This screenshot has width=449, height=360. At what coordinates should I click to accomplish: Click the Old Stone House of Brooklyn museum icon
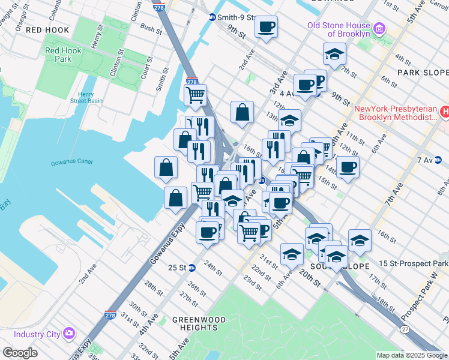379,29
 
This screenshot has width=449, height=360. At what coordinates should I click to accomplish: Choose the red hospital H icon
445,112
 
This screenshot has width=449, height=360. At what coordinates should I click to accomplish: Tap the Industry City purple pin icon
68,333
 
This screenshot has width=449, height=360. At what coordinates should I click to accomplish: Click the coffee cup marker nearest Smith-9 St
265,27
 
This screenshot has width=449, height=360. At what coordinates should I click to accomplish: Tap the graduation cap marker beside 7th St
334,54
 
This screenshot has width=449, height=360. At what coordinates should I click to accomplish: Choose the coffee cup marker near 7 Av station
348,167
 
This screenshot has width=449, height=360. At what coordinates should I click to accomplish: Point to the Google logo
20,353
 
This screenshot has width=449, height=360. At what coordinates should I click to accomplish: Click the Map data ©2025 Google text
411,355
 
